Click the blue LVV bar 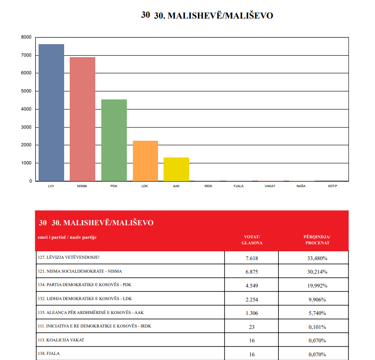click(x=52, y=112)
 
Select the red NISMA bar click(x=83, y=119)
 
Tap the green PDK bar click(x=114, y=140)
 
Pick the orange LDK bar click(x=145, y=161)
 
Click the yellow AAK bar click(x=176, y=169)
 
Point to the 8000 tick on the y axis click(x=26, y=37)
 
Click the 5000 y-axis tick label click(x=26, y=91)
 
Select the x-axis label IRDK click(x=208, y=186)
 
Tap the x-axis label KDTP click(x=333, y=186)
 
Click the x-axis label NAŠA click(x=301, y=186)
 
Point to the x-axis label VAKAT click(x=270, y=186)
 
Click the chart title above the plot click(x=207, y=15)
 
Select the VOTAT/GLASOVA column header click(x=252, y=240)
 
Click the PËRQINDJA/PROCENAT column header click(x=317, y=240)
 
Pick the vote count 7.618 click(x=252, y=258)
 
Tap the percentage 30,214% click(x=317, y=272)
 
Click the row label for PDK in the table click(x=85, y=285)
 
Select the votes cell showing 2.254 click(x=252, y=300)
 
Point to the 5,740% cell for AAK click(x=317, y=313)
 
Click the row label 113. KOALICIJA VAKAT click(x=61, y=340)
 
